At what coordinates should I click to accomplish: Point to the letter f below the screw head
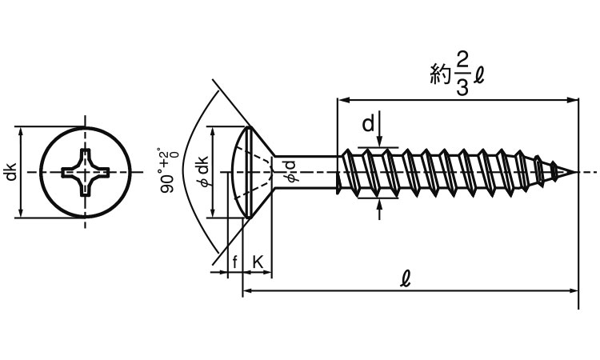click(234, 262)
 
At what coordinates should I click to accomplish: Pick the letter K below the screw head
click(258, 262)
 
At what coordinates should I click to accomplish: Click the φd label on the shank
click(290, 171)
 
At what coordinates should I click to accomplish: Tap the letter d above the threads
click(367, 124)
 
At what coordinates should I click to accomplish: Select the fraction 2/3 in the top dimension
click(462, 73)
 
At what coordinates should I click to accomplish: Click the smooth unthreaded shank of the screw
click(308, 172)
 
